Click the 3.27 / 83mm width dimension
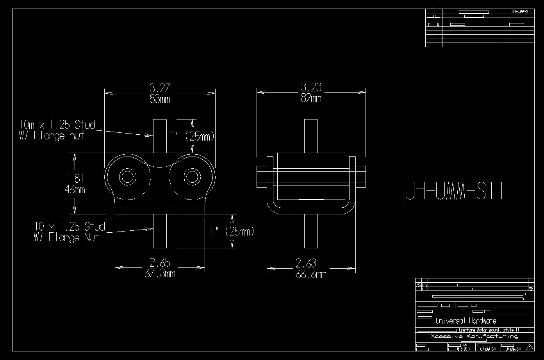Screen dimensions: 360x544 160,93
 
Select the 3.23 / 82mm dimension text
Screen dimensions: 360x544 311,93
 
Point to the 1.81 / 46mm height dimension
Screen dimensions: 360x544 75,184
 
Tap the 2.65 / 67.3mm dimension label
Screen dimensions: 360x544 160,268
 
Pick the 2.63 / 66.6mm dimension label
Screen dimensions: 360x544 311,269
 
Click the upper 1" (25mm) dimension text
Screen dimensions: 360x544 192,136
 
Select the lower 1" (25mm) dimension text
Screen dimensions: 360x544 232,231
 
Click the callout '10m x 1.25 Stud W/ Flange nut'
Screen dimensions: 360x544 57,130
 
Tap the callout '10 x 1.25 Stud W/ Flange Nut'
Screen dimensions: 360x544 70,232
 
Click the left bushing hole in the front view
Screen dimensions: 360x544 127,176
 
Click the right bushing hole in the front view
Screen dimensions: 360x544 192,176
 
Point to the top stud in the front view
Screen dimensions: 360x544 160,135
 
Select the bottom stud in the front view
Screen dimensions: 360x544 160,231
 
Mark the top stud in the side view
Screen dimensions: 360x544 311,135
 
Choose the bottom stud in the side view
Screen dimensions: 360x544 311,231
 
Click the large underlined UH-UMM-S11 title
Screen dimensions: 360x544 454,191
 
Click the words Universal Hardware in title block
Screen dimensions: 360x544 466,321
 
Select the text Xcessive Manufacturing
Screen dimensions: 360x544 474,336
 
